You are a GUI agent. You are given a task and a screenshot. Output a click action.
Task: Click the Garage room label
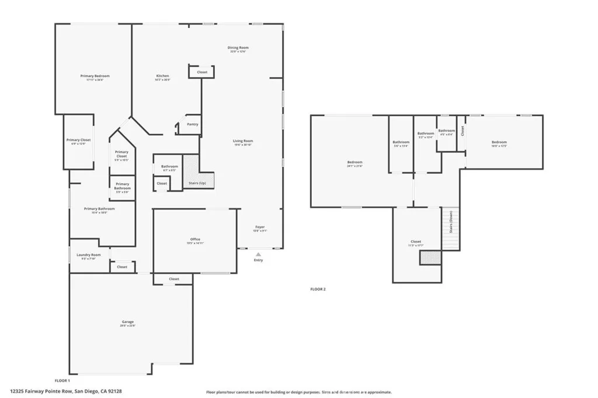click(x=128, y=322)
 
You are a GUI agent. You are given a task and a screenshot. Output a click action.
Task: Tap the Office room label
click(x=195, y=239)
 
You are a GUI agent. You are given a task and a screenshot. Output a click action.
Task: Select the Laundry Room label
click(x=89, y=255)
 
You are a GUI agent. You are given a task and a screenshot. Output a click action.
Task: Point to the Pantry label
click(x=192, y=124)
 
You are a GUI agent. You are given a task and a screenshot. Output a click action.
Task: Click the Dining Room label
click(x=238, y=47)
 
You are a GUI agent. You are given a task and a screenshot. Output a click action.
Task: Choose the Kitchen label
click(x=162, y=76)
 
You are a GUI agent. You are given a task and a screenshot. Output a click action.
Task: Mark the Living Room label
click(x=243, y=141)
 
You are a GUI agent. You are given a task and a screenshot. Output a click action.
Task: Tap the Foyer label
click(x=260, y=227)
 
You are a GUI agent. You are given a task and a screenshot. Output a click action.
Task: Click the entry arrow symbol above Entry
click(x=258, y=254)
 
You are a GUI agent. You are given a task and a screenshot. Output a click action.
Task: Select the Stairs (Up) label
click(x=197, y=183)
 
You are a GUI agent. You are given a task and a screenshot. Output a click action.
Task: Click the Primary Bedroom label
click(x=95, y=76)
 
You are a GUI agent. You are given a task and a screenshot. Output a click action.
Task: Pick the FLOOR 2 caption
click(x=318, y=289)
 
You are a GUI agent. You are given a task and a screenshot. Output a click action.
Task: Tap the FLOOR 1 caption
click(x=62, y=380)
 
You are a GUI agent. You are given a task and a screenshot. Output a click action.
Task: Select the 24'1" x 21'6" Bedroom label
click(x=354, y=162)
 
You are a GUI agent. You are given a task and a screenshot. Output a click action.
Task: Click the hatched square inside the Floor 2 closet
click(x=430, y=257)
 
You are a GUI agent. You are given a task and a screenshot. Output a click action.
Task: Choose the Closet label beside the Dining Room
click(x=201, y=72)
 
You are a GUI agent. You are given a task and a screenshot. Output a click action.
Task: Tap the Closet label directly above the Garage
click(x=174, y=279)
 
